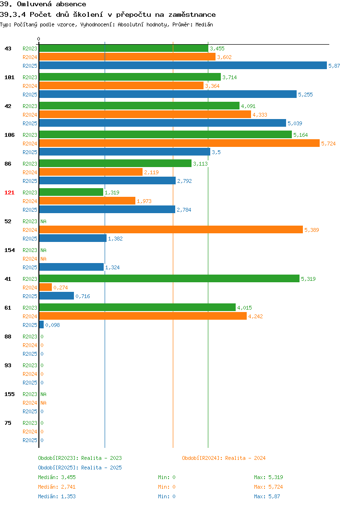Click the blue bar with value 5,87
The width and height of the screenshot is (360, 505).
coord(183,65)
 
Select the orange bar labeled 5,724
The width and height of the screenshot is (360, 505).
coord(180,144)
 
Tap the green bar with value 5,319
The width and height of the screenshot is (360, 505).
coord(169,278)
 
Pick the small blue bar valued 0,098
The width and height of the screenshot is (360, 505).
coord(42,325)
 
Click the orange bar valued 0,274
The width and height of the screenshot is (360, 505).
coord(46,287)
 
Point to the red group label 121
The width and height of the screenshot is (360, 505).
coord(9,192)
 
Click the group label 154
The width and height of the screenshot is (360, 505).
coord(9,250)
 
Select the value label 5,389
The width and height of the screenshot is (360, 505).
coord(312,230)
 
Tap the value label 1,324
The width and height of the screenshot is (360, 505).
coord(112,267)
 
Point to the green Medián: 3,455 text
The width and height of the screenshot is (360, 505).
coord(57,477)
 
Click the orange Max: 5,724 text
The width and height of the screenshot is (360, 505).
coord(268,487)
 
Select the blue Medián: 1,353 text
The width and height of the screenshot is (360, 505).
coord(57,497)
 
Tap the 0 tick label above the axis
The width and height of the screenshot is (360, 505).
coord(39,39)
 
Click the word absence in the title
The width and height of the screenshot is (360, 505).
coord(71,4)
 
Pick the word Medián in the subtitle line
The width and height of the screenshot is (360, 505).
coord(204,24)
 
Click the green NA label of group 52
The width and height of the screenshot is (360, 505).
coord(44,221)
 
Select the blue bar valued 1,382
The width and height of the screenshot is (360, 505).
coord(73,238)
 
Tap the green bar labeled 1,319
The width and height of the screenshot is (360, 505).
coord(71,192)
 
